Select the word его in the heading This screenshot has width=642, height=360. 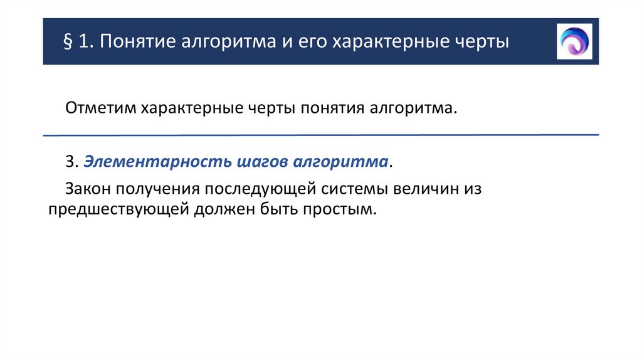coord(310,43)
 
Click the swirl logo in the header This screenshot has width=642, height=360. coord(574,41)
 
